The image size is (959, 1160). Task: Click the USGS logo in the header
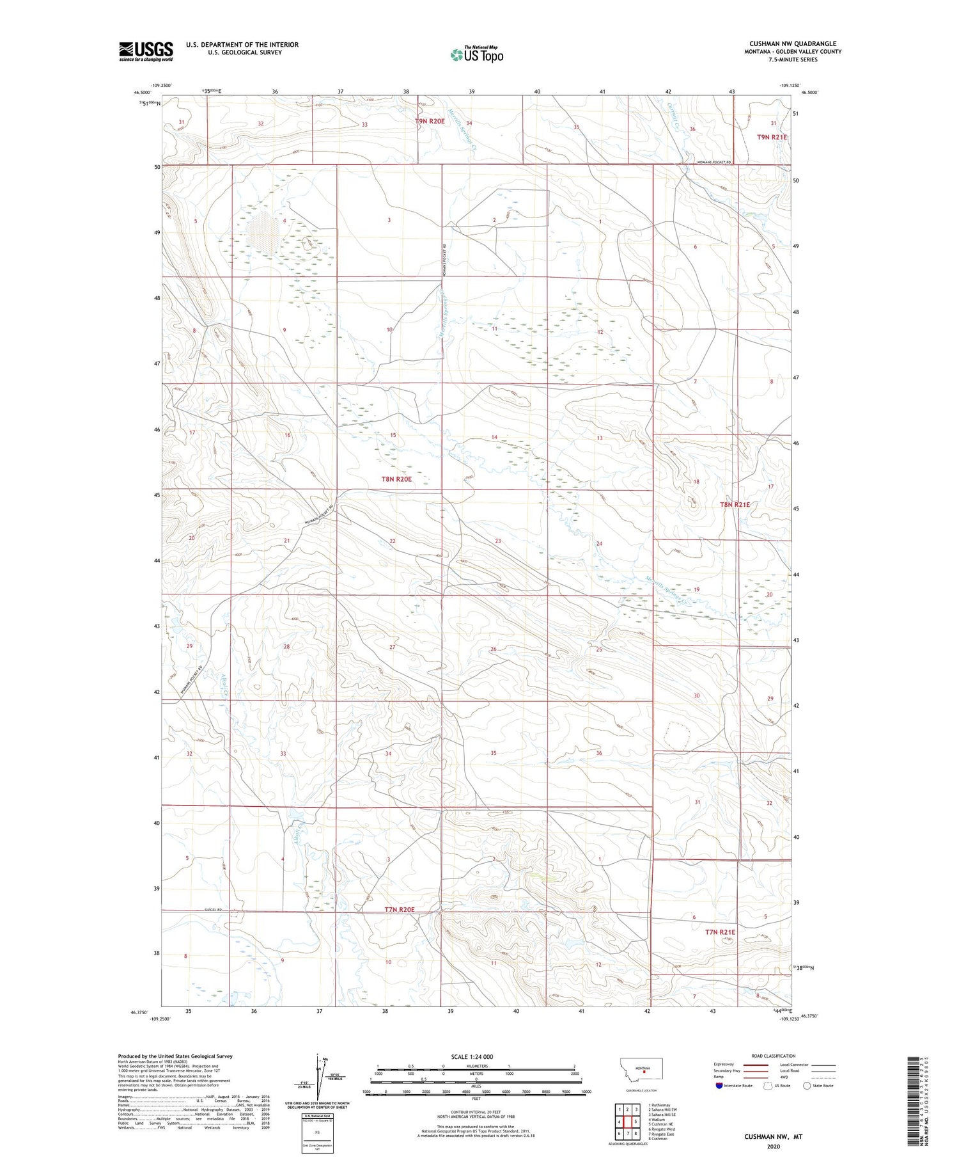point(146,51)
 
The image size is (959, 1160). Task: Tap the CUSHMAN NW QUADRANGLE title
point(793,44)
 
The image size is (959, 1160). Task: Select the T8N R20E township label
point(396,479)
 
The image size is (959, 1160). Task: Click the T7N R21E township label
point(720,932)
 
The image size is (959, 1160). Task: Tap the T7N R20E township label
point(400,909)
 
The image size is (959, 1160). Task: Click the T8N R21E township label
point(735,504)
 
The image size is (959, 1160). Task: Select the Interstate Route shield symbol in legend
point(719,1086)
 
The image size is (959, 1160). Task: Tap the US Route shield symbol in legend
point(768,1086)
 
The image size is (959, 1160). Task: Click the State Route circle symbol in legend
point(807,1086)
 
